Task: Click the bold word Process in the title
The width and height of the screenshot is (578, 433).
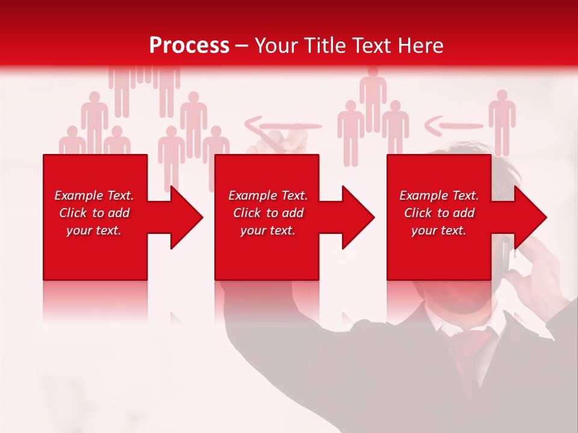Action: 189,46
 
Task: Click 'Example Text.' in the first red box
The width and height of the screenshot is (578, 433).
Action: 94,195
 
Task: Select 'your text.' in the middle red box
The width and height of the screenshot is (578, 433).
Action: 267,230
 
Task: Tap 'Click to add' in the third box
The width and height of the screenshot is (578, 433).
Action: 439,213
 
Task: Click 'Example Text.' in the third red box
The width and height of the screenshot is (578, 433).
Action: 439,195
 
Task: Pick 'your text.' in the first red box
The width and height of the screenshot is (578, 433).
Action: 94,230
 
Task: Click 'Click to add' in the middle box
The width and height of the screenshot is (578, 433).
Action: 267,213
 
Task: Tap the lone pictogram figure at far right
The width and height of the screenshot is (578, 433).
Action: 502,120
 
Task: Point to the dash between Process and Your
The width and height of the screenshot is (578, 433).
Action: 241,46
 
